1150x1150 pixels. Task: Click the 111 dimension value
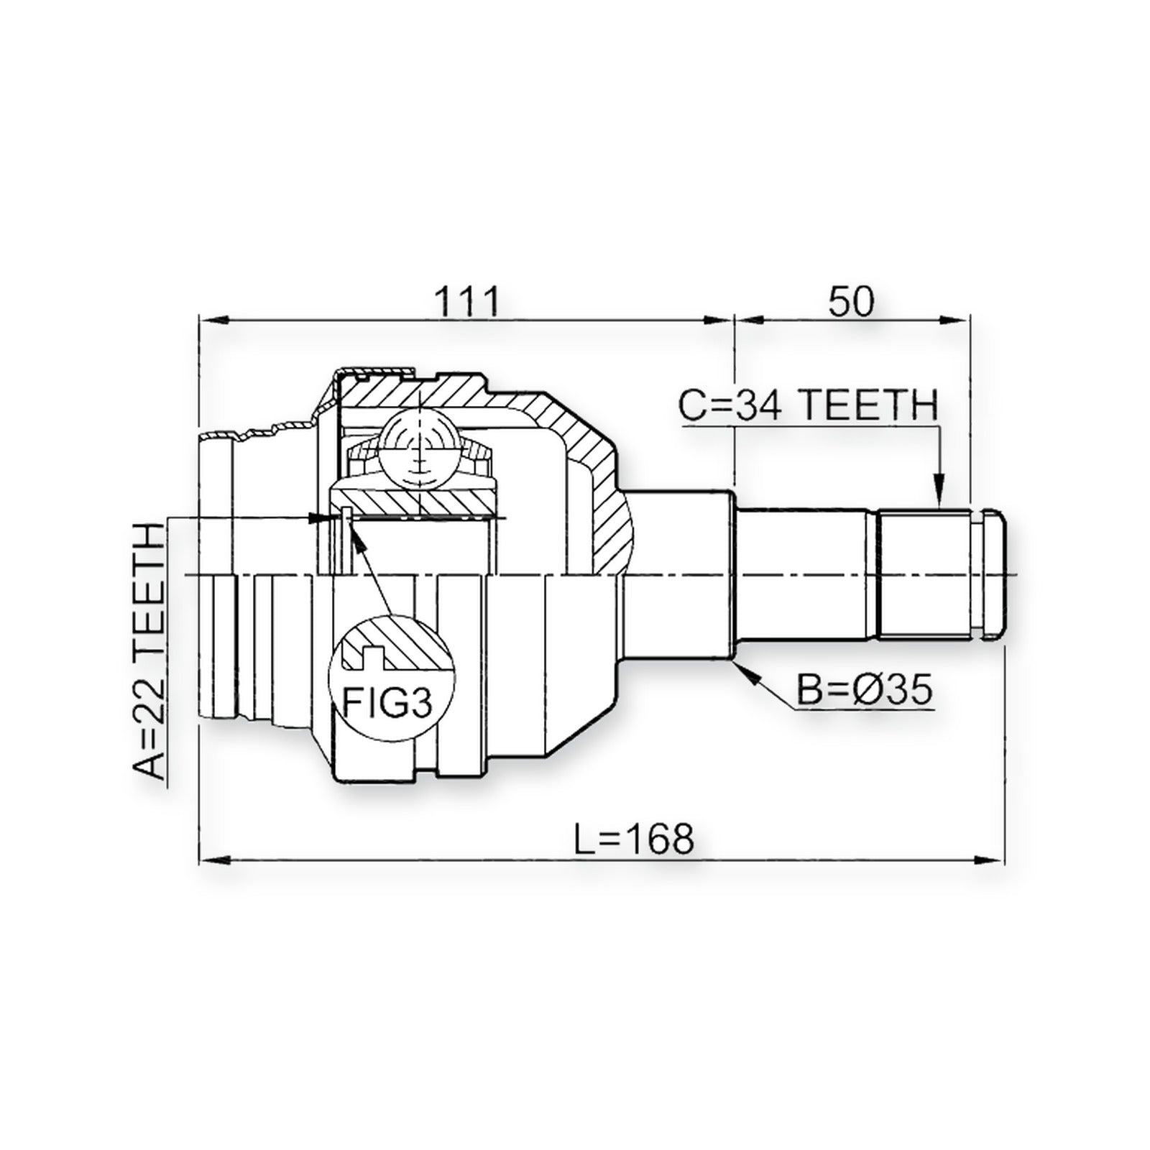468,301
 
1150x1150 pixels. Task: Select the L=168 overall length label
635,838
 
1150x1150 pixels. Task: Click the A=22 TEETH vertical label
149,652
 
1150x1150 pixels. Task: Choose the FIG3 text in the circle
387,703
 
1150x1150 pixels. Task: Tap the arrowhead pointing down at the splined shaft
938,495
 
